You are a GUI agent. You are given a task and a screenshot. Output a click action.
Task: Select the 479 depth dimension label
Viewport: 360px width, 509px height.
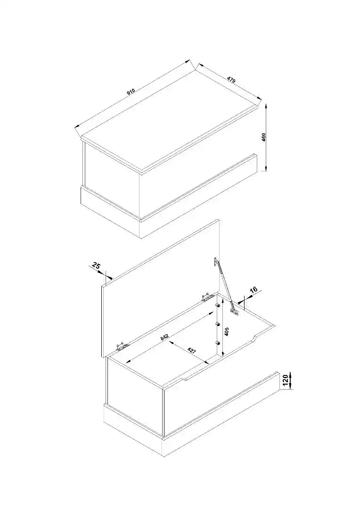[x=231, y=79]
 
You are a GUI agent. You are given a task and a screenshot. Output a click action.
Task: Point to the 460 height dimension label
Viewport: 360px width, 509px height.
[x=263, y=137]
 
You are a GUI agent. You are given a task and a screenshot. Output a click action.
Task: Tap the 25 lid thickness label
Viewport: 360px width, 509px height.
[x=96, y=265]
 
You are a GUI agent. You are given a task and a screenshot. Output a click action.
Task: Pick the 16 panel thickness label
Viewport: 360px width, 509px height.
[x=254, y=290]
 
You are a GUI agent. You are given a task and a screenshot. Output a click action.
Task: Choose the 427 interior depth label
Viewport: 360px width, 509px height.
[x=191, y=351]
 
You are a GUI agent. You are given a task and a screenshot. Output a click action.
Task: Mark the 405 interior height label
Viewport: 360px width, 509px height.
[x=227, y=331]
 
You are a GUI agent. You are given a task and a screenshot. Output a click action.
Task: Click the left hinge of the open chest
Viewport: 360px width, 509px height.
[x=122, y=346]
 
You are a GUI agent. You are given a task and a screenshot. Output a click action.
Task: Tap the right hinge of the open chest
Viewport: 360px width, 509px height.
[x=207, y=297]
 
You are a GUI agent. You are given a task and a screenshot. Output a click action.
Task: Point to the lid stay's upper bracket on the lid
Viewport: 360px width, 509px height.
[x=216, y=262]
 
